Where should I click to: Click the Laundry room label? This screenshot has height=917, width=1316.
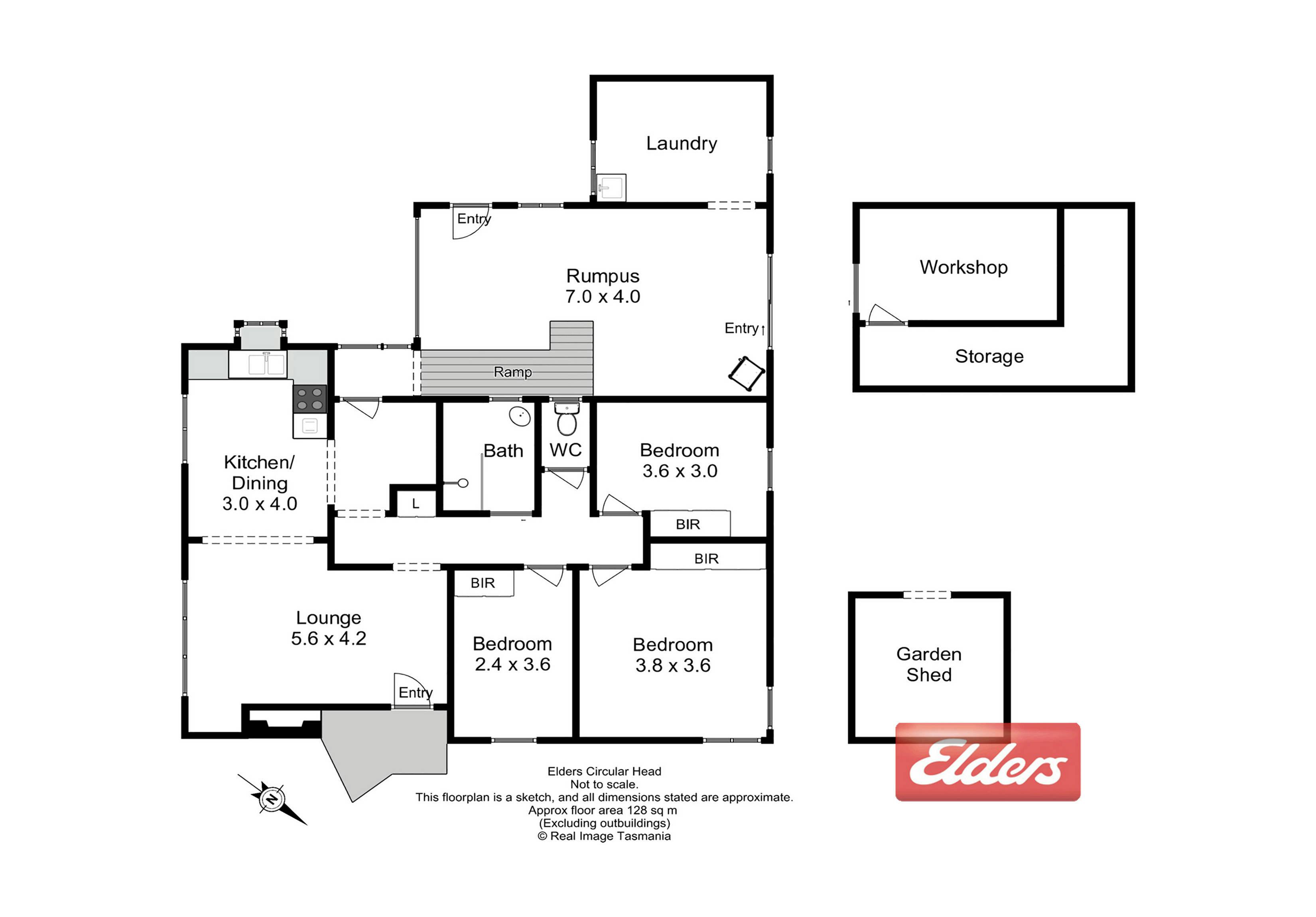(x=682, y=143)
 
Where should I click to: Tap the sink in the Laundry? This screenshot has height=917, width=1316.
(x=611, y=187)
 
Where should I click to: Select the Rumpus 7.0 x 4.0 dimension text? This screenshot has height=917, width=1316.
(x=603, y=296)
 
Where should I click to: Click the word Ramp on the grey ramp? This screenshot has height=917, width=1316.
(x=512, y=372)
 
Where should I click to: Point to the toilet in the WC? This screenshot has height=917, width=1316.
(x=567, y=419)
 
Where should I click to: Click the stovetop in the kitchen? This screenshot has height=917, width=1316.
(x=309, y=399)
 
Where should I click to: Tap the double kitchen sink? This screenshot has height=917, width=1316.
(x=266, y=364)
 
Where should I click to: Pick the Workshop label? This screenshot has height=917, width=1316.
(x=963, y=268)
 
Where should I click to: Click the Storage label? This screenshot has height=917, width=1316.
(x=989, y=356)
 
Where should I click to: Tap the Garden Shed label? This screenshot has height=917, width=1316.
(x=928, y=664)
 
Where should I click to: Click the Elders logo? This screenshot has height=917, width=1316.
(x=987, y=762)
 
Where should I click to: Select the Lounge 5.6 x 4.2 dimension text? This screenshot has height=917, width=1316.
(x=329, y=638)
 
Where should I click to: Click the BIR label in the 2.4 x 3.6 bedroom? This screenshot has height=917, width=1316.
(x=483, y=583)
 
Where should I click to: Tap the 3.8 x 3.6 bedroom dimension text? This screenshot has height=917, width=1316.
(x=673, y=665)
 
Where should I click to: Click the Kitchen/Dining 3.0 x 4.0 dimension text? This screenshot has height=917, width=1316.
(x=260, y=504)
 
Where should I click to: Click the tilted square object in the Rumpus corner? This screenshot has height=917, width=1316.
(x=746, y=374)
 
